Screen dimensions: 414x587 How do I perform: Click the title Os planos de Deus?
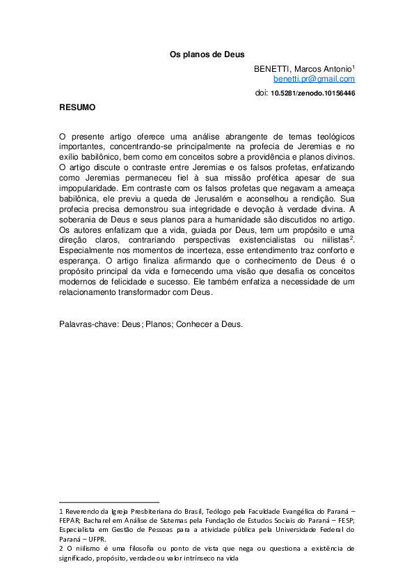[x=207, y=54]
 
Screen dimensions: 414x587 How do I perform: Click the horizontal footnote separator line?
[x=109, y=501]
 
